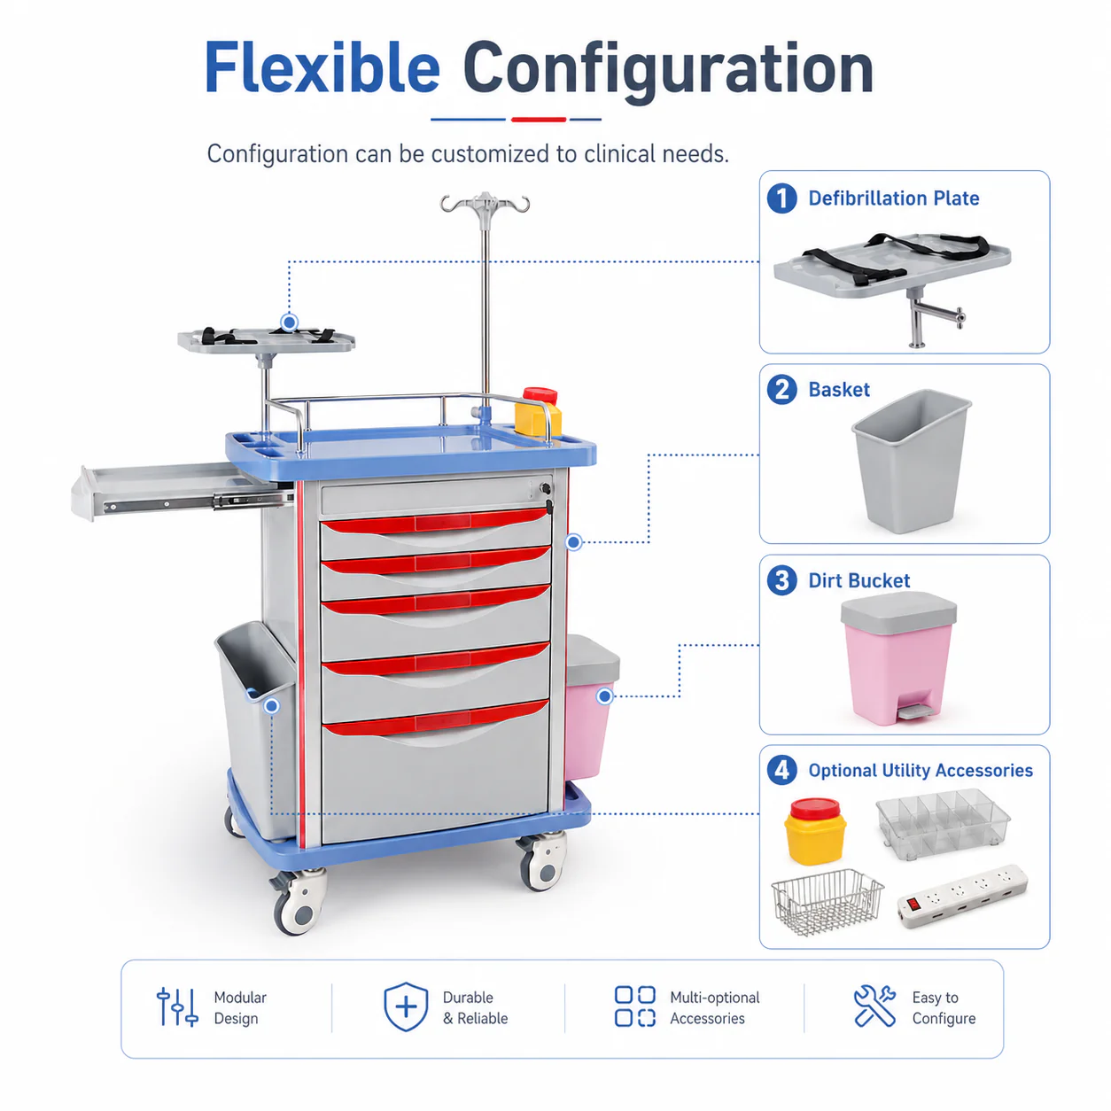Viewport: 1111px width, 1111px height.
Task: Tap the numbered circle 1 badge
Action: tap(781, 198)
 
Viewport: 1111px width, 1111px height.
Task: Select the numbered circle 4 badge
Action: tap(781, 770)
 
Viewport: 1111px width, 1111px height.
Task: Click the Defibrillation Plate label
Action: tap(893, 198)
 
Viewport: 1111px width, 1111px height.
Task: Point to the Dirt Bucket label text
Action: tap(858, 580)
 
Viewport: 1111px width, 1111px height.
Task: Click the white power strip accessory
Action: tap(961, 896)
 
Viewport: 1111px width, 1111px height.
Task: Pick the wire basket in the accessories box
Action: tap(827, 901)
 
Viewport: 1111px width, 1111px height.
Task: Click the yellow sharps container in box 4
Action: tap(815, 831)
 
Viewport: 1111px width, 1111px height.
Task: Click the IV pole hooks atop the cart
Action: tap(485, 203)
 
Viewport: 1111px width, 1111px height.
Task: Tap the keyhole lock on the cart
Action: tap(544, 489)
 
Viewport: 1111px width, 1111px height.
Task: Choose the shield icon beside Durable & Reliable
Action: tap(406, 1006)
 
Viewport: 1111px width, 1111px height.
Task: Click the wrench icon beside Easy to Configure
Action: tap(874, 1006)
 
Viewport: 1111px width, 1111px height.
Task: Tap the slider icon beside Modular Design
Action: tap(177, 1006)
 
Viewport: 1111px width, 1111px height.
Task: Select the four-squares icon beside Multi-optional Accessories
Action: tap(634, 1006)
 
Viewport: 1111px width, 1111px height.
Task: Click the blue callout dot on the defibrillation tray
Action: tap(290, 322)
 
